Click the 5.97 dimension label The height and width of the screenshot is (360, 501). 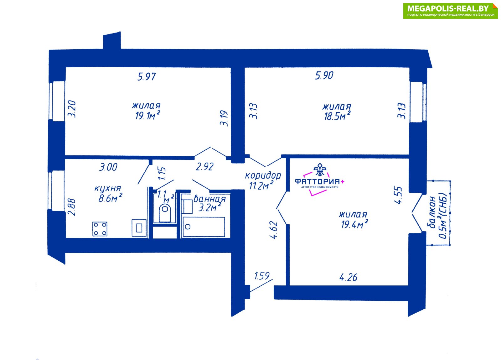click(147, 77)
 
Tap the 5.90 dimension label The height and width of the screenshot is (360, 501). click(324, 76)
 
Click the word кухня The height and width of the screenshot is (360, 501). click(108, 188)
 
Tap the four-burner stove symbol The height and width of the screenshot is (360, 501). click(100, 229)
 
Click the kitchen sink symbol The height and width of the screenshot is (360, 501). click(139, 228)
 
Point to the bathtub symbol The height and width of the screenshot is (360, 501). click(204, 227)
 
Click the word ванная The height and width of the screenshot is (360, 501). click(209, 199)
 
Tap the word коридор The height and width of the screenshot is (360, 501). click(263, 175)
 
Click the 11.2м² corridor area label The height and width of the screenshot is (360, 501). click(261, 185)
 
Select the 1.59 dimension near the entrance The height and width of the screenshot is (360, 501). click(262, 276)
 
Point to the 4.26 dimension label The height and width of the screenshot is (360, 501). click(348, 277)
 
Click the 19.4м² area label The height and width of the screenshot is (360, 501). click(355, 224)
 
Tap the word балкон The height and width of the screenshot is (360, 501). click(432, 212)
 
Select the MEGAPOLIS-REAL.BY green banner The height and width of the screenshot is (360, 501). click(451, 11)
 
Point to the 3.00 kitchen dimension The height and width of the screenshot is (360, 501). click(108, 167)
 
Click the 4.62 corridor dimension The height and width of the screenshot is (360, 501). click(274, 230)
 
